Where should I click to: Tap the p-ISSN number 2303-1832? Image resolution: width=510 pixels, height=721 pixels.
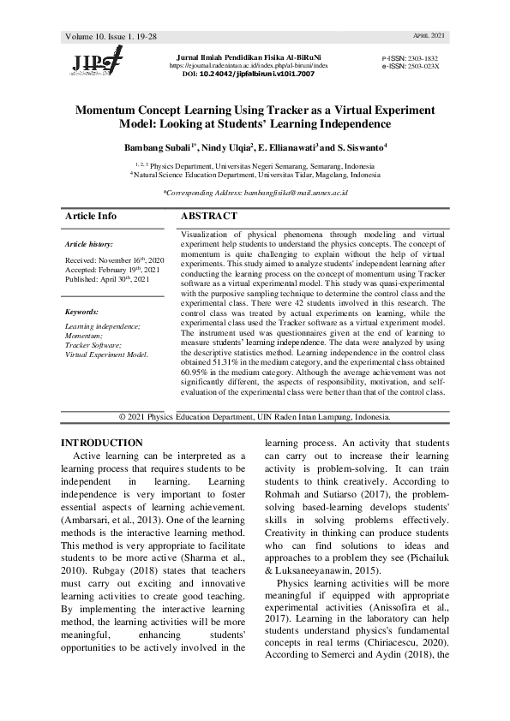click(423, 56)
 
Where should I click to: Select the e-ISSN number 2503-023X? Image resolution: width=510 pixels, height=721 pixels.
click(423, 65)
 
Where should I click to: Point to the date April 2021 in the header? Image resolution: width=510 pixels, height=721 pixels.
click(429, 36)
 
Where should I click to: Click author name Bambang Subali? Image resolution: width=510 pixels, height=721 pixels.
click(158, 147)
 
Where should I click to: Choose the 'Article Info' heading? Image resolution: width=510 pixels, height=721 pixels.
click(91, 217)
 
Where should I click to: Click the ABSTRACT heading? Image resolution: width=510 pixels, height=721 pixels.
click(209, 217)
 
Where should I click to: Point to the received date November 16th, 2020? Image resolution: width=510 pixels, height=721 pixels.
click(126, 259)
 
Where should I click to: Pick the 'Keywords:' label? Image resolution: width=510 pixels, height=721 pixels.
click(81, 312)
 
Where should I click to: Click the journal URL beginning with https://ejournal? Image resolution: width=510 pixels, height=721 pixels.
click(249, 65)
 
